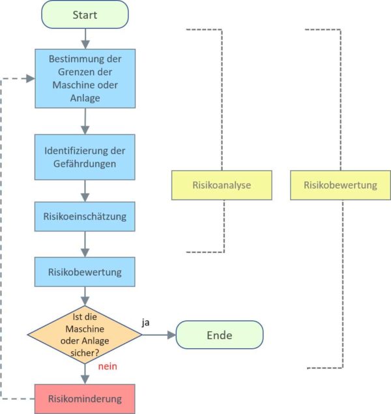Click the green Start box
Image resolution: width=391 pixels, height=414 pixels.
click(x=85, y=14)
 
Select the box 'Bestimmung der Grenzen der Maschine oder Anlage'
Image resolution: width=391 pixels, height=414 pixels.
click(x=85, y=78)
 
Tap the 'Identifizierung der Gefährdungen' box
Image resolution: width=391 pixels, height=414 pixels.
click(x=85, y=157)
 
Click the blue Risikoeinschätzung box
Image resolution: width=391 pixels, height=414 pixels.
click(x=85, y=216)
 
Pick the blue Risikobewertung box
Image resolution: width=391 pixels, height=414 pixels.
click(x=85, y=271)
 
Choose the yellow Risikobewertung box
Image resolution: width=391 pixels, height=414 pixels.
click(x=340, y=185)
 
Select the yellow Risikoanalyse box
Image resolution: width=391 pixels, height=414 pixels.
click(x=222, y=185)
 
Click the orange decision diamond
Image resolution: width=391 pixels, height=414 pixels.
click(x=85, y=334)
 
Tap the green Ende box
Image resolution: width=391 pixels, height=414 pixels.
click(x=219, y=335)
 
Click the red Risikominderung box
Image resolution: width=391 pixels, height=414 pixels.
click(x=85, y=398)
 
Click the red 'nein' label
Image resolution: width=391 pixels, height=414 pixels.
click(x=107, y=366)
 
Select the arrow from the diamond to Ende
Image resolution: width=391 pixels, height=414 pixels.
click(x=159, y=334)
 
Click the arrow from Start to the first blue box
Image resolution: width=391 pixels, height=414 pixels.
click(x=85, y=39)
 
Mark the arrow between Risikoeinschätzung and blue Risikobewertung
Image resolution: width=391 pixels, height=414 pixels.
click(x=85, y=244)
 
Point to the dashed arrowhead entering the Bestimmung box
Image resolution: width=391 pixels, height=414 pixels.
click(x=30, y=78)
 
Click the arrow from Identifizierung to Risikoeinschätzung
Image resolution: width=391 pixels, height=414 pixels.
click(x=85, y=190)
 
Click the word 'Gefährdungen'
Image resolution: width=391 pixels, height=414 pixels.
click(x=85, y=164)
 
